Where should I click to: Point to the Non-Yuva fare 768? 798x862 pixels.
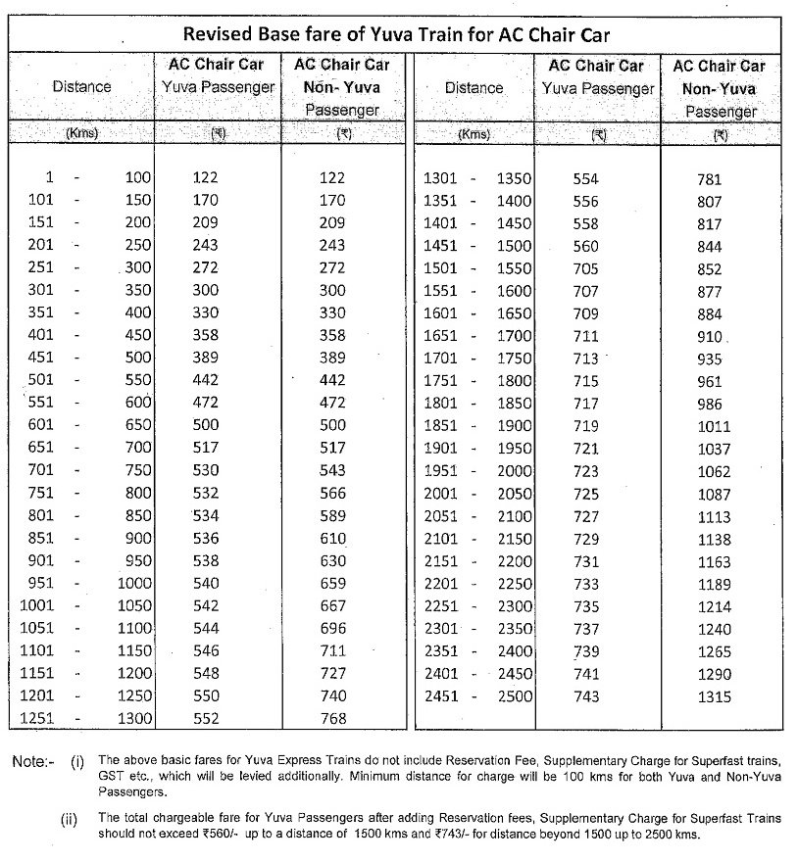coord(332,719)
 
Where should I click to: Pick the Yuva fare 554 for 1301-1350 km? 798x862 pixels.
coord(585,178)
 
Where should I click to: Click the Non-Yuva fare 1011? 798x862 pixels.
coord(714,426)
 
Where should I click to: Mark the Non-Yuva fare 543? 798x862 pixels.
coord(332,470)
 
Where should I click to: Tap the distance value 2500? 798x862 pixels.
coord(516,696)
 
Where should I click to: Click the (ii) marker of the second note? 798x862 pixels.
coord(69,818)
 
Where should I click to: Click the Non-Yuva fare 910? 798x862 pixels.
coord(709,337)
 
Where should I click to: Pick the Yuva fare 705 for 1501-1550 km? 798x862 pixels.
coord(585,268)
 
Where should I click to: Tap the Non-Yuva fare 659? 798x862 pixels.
coord(332,583)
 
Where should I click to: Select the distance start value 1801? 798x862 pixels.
coord(440,404)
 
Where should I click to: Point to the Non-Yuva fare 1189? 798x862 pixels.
coord(714,585)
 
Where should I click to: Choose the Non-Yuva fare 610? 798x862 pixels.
coord(332,538)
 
